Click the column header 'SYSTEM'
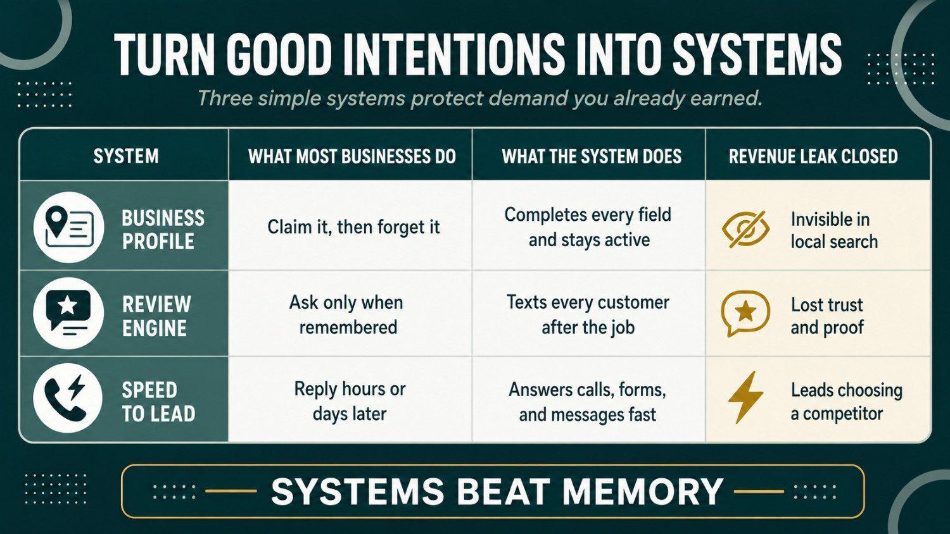click(x=126, y=156)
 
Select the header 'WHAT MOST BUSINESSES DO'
click(x=352, y=156)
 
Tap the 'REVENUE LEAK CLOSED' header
click(x=813, y=156)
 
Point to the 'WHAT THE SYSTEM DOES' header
click(x=592, y=156)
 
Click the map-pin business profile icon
click(x=68, y=227)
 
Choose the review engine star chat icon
click(x=68, y=314)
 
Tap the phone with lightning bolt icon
click(x=68, y=399)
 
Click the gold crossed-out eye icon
click(x=745, y=229)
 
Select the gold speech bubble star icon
click(x=745, y=314)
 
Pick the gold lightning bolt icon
click(x=745, y=397)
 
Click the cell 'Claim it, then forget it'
click(x=353, y=227)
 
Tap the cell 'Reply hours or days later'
click(x=350, y=401)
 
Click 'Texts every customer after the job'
click(x=588, y=315)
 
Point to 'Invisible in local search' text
click(x=834, y=230)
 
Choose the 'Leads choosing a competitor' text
click(x=847, y=401)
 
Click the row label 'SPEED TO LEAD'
click(x=158, y=402)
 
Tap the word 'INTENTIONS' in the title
click(x=449, y=56)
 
